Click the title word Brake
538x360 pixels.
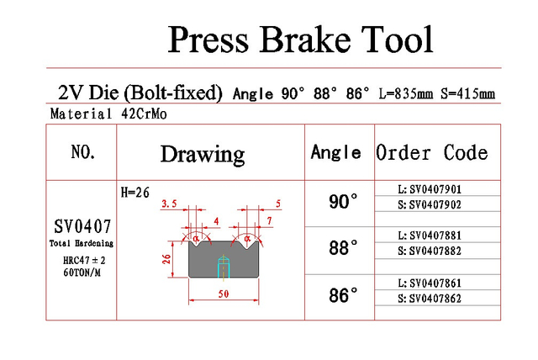pyautogui.click(x=305, y=40)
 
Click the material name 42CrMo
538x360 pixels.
pyautogui.click(x=144, y=114)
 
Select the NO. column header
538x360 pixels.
pyautogui.click(x=82, y=151)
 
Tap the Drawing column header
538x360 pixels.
pyautogui.click(x=203, y=155)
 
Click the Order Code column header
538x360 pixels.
pyautogui.click(x=431, y=152)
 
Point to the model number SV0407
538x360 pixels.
pyautogui.click(x=82, y=226)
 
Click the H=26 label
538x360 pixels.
pyautogui.click(x=135, y=193)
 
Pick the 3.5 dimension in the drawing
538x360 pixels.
pyautogui.click(x=169, y=204)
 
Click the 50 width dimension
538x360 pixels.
pyautogui.click(x=224, y=294)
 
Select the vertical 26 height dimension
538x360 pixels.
pyautogui.click(x=166, y=259)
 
